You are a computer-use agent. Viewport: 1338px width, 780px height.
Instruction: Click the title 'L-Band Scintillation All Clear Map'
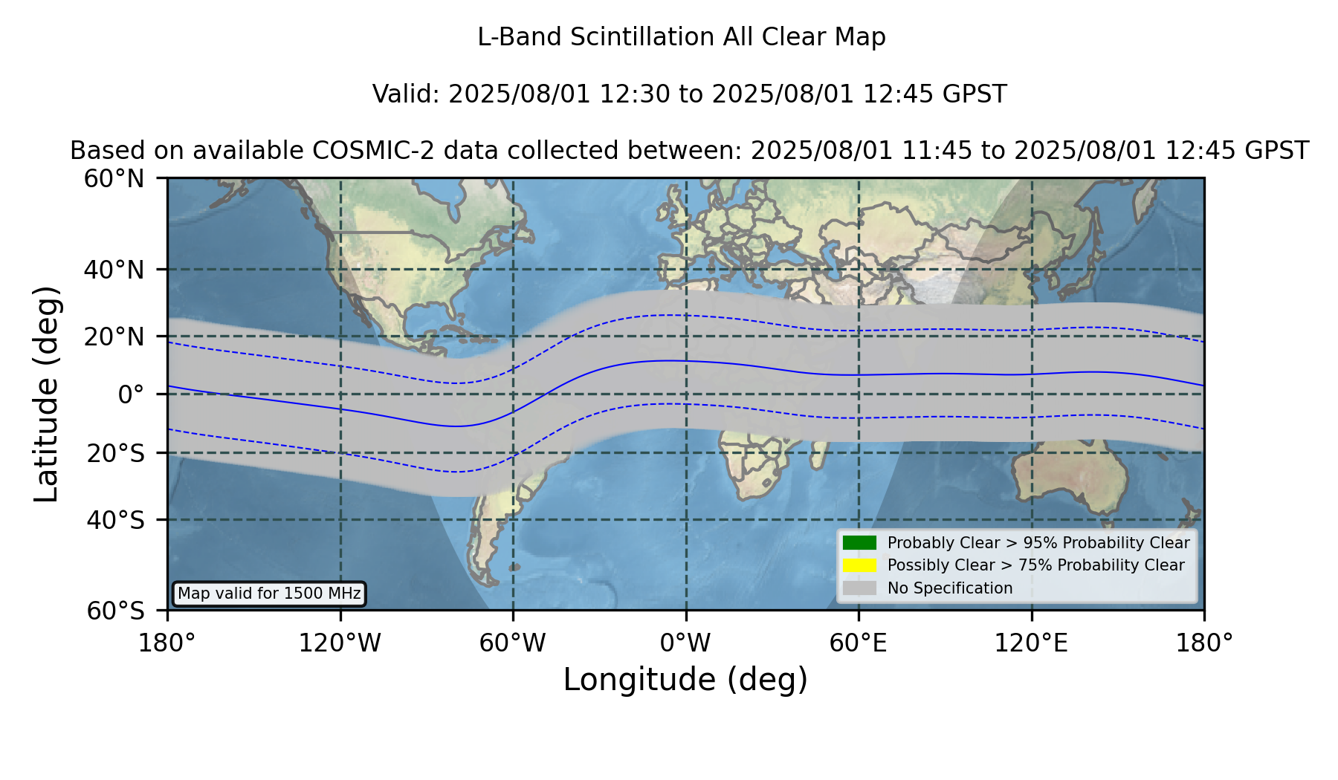681,37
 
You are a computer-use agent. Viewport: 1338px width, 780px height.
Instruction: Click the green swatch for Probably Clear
859,542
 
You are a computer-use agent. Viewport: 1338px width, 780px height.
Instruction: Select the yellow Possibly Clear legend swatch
859,565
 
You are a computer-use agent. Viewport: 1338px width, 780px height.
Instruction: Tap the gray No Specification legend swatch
859,588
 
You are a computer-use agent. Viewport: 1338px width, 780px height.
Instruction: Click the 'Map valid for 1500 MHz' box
270,594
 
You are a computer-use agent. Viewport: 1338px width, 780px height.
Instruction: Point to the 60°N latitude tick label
114,179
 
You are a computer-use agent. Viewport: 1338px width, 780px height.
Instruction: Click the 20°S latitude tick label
115,453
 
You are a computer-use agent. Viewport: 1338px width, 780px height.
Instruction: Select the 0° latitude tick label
131,394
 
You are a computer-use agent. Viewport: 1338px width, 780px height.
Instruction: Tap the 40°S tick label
115,520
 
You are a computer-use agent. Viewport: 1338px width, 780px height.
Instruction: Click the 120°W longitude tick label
340,643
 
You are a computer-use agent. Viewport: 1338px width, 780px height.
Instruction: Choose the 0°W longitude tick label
685,643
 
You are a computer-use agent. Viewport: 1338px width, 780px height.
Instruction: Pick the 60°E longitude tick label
859,643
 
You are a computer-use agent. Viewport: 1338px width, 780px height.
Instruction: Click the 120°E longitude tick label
1031,643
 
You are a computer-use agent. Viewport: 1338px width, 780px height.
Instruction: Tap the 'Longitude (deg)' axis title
685,680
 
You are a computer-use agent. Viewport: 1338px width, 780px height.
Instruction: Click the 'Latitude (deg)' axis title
47,394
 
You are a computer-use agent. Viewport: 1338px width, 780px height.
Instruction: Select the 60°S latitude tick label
115,611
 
